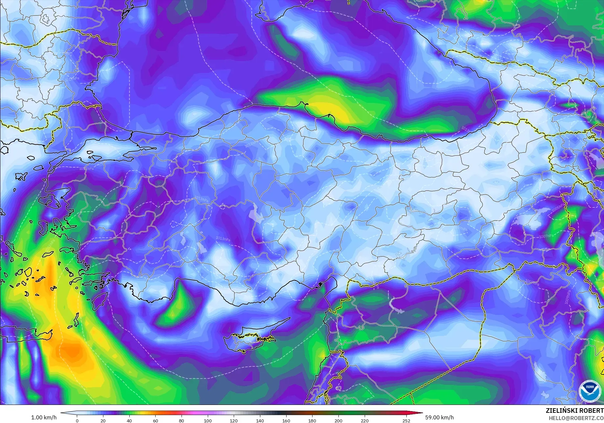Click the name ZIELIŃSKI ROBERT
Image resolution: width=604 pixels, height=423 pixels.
[574, 411]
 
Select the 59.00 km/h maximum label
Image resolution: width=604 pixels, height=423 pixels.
[440, 417]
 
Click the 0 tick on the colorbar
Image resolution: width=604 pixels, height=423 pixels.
[77, 421]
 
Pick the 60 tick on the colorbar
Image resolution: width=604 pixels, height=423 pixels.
[155, 421]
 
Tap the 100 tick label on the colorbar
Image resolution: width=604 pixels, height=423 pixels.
[207, 421]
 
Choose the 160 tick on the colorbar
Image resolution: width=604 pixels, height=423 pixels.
[286, 421]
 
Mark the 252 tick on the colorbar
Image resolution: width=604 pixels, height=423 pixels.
[406, 421]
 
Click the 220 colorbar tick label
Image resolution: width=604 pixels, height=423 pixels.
[364, 421]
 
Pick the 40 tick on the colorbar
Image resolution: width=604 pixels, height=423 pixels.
[129, 421]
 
